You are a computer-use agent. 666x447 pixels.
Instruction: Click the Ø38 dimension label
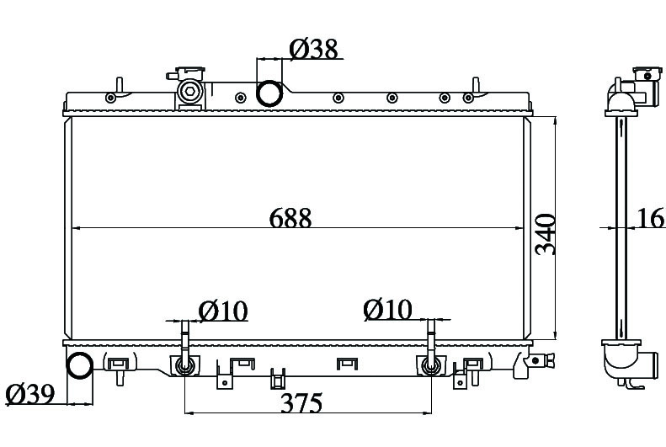tap(314, 49)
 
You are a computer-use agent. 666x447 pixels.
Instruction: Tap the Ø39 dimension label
tap(30, 394)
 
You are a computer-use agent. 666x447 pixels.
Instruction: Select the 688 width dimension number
tap(290, 218)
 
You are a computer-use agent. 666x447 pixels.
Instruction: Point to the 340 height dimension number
tap(546, 234)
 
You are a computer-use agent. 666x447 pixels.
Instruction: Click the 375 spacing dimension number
tap(301, 402)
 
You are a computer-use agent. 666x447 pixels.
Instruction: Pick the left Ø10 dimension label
tap(223, 311)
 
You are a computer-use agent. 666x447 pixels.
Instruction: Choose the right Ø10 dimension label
tap(388, 309)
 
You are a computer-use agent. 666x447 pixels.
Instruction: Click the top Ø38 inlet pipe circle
tap(269, 93)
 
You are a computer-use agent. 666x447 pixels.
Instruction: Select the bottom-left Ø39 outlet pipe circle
tap(80, 365)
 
